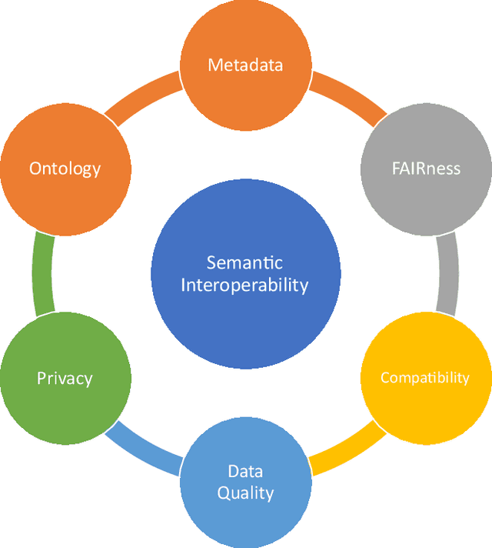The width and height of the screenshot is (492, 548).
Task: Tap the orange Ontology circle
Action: (x=65, y=168)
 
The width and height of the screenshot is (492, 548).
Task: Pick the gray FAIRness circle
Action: (x=425, y=168)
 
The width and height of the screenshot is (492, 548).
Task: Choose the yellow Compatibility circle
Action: (x=425, y=377)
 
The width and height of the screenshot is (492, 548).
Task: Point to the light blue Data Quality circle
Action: (x=245, y=482)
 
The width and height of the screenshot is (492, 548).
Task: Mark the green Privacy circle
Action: (x=65, y=377)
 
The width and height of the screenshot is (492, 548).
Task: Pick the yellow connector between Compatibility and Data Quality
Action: (x=346, y=450)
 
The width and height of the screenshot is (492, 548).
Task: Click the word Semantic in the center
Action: (x=245, y=263)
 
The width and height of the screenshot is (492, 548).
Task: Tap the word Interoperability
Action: (x=245, y=286)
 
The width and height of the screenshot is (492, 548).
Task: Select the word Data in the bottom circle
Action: (x=245, y=471)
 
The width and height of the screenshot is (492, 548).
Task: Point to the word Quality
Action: (x=245, y=493)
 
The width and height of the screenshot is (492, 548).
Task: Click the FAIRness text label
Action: (x=425, y=168)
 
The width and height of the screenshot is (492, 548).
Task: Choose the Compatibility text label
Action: (x=425, y=378)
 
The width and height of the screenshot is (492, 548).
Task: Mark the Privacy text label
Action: (x=65, y=378)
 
